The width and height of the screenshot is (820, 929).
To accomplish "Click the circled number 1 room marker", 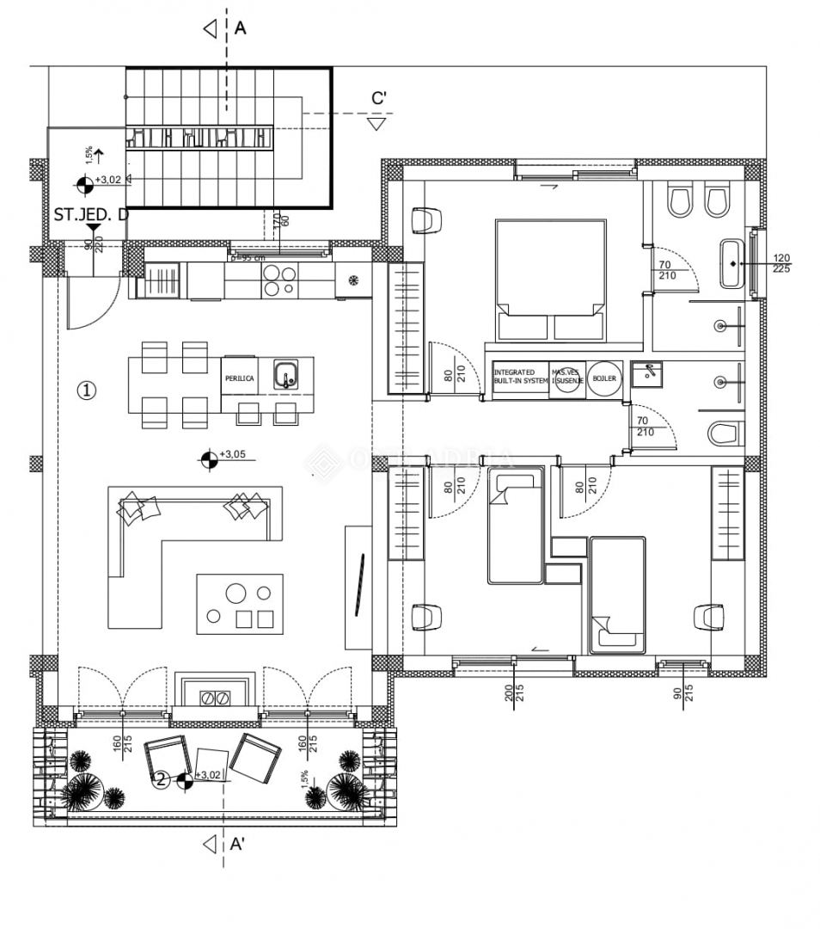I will click(86, 391).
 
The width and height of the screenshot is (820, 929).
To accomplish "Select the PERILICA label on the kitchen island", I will click(238, 378).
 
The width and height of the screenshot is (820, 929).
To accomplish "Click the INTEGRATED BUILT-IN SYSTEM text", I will click(520, 377).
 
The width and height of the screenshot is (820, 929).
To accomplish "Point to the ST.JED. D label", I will click(91, 214).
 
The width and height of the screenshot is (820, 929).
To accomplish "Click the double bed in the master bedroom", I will click(550, 280).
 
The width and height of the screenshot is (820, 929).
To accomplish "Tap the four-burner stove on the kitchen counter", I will click(279, 280).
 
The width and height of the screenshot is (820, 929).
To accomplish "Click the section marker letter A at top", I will click(240, 28).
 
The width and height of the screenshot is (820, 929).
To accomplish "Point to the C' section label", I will click(379, 98).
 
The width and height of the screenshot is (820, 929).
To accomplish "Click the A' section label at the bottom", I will click(238, 845).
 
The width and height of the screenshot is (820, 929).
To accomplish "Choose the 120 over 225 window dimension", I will click(781, 263).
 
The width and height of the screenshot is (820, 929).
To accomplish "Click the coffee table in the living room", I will click(240, 604).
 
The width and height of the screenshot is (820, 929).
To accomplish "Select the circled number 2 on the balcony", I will click(160, 780).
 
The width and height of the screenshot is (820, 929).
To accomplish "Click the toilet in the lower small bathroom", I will click(725, 434).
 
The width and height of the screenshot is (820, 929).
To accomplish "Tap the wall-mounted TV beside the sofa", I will click(359, 585).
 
